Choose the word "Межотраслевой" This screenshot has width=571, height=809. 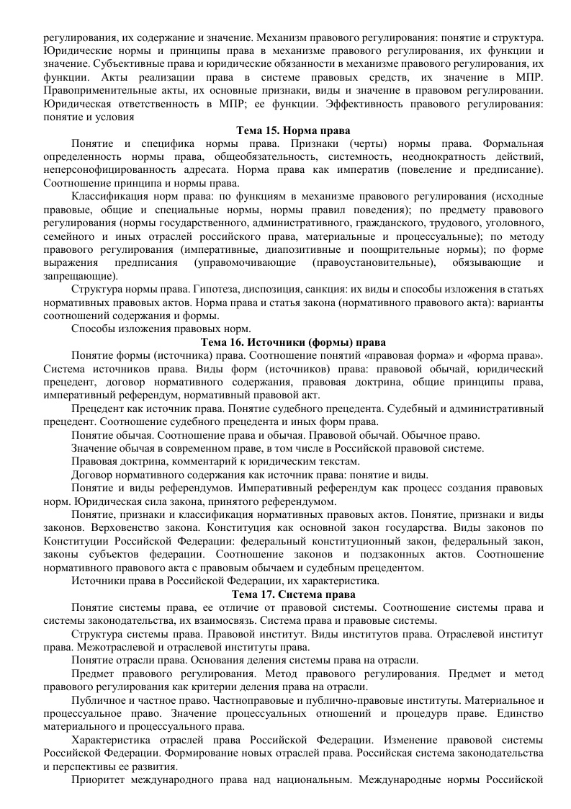pos(105,646)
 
